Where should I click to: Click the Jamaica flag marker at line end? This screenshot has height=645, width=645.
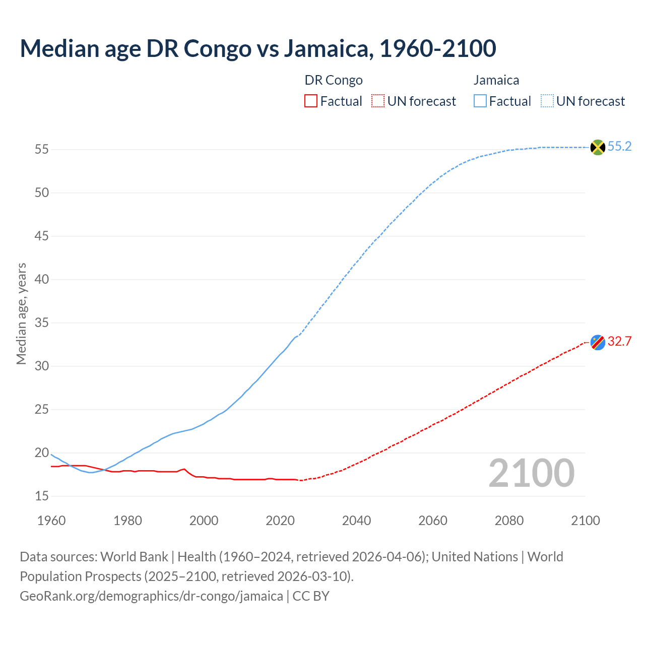598,147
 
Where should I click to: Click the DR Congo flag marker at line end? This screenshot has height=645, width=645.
598,342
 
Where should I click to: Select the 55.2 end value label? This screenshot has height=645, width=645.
619,147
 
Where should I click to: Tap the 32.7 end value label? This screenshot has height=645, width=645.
619,342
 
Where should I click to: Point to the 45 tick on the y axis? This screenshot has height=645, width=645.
42,236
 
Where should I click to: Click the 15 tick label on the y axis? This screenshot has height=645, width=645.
42,496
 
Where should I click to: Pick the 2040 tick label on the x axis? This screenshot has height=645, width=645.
356,521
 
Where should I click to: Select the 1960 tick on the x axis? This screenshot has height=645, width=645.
51,521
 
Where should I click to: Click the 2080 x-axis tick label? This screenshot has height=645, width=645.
509,521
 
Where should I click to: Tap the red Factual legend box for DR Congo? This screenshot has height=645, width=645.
311,101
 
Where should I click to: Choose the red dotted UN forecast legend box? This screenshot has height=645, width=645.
378,101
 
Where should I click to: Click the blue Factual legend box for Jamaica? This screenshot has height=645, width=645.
480,101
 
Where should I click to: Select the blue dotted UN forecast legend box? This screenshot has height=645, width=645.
547,101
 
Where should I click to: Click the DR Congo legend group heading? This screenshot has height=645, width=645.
334,81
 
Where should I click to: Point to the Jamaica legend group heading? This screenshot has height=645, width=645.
496,81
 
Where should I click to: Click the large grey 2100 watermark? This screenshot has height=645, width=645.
531,473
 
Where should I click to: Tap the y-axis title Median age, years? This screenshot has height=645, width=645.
21,313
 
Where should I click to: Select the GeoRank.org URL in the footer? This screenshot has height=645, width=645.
151,596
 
